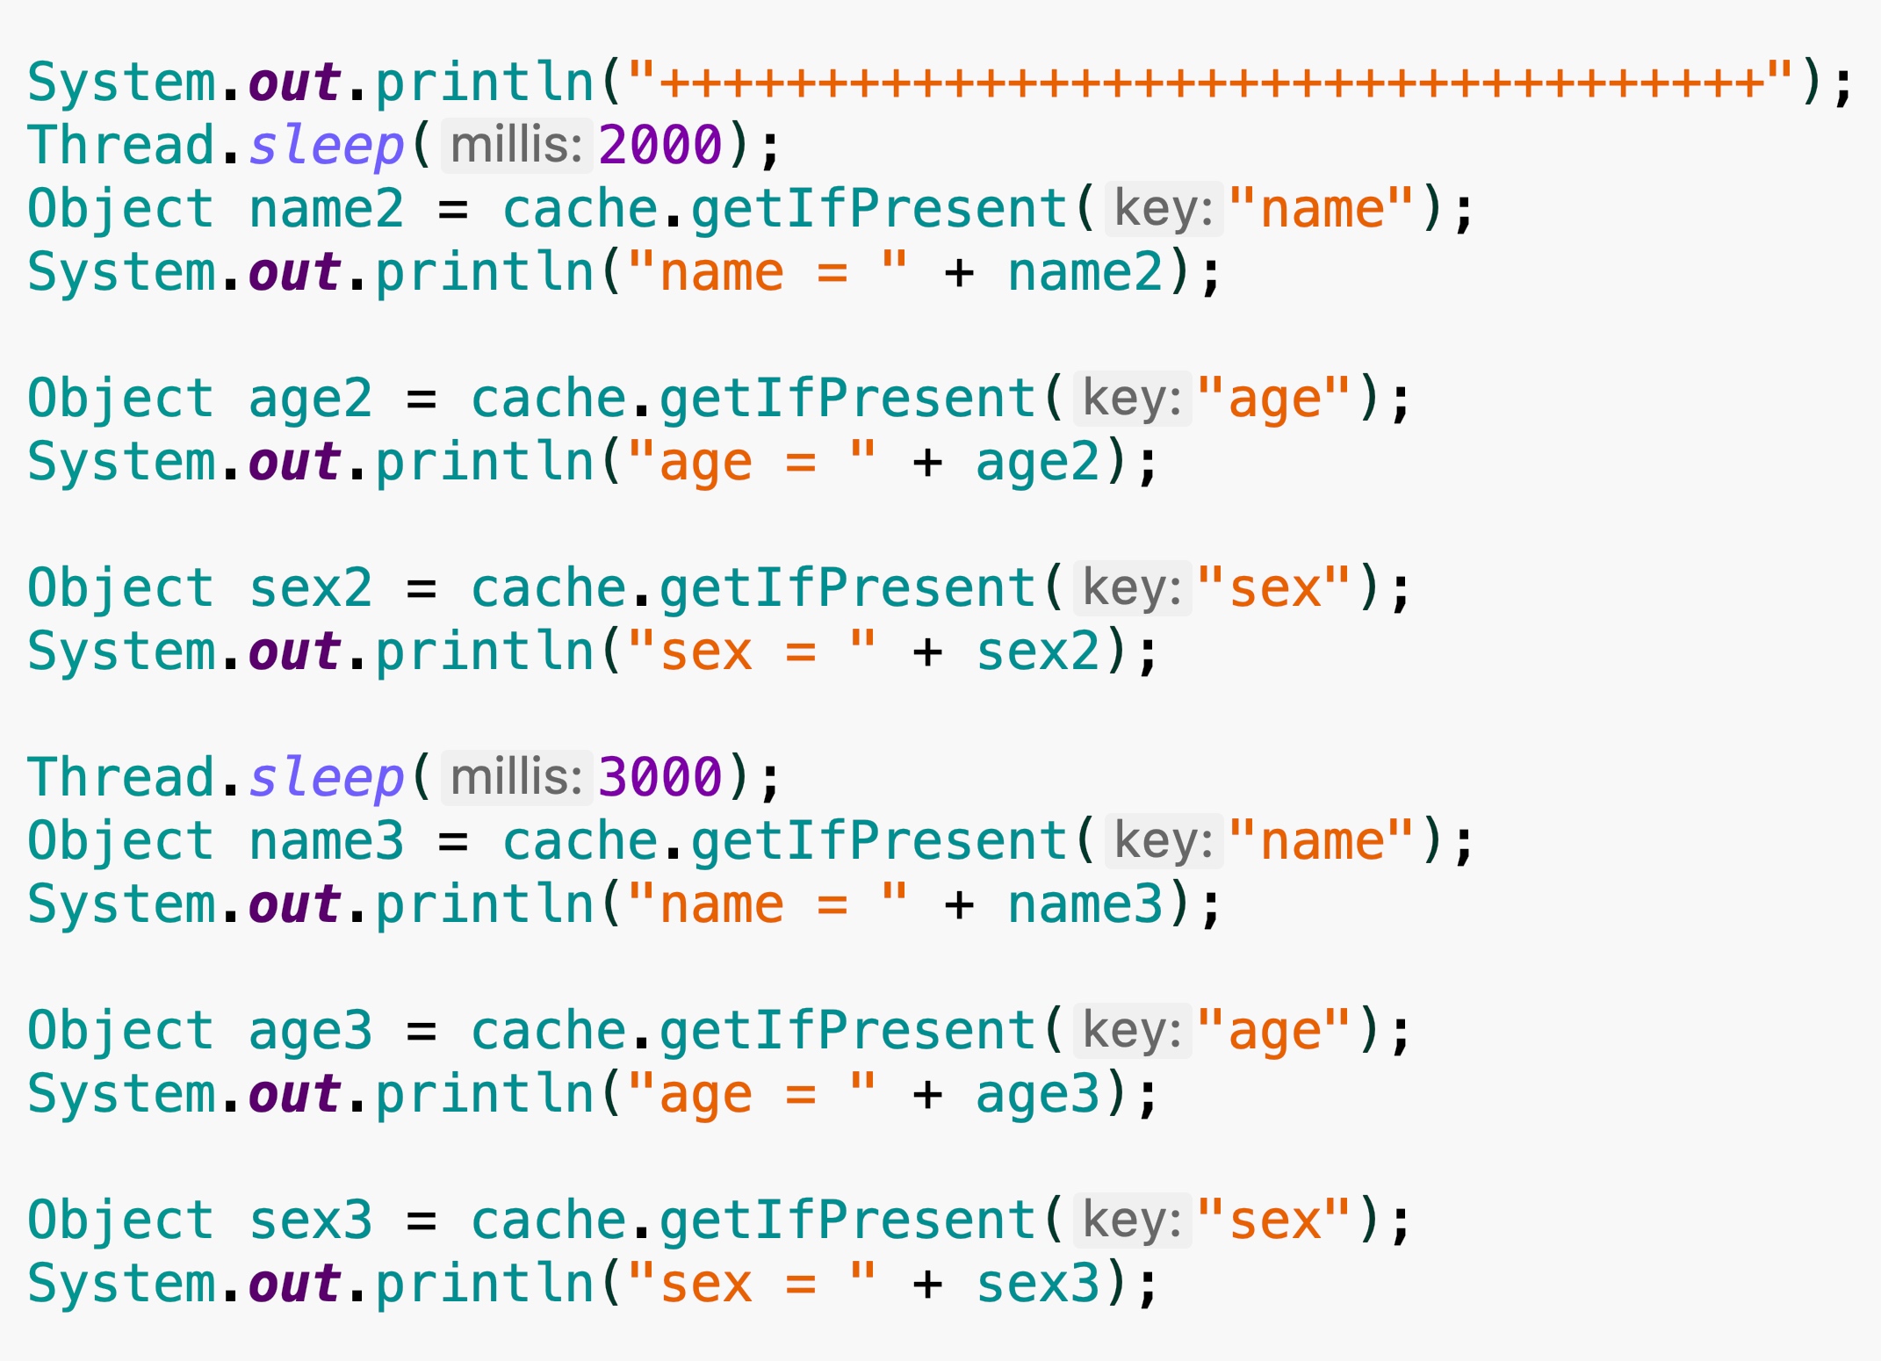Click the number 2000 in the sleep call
(x=659, y=145)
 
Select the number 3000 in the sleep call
(x=659, y=777)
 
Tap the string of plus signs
(x=1212, y=83)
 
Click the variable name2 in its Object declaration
(x=326, y=209)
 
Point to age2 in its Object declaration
(x=310, y=399)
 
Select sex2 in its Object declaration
(x=310, y=588)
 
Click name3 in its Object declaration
(x=326, y=841)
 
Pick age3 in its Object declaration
(x=310, y=1031)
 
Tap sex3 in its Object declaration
(x=310, y=1221)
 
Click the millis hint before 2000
(x=516, y=145)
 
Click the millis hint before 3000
(x=516, y=777)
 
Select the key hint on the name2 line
(x=1164, y=209)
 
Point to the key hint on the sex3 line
(x=1132, y=1221)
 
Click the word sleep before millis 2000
(x=326, y=145)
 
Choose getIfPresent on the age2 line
(x=847, y=399)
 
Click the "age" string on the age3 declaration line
(x=1274, y=1031)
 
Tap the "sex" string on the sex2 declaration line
(x=1274, y=588)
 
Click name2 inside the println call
(x=1085, y=272)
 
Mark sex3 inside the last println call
(x=1038, y=1284)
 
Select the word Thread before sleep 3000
(x=121, y=777)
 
